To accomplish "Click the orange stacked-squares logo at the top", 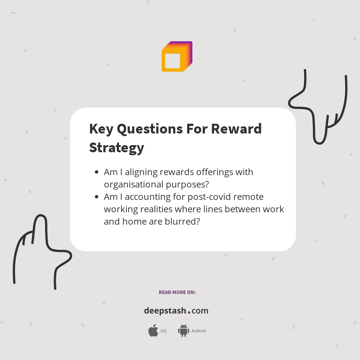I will pos(177,57).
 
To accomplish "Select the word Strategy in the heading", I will pos(117,147).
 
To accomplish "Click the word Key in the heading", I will pos(101,129).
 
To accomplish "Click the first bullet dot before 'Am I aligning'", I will pos(97,172).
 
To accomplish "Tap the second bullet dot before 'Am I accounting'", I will pos(97,197).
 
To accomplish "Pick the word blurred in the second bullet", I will pos(181,221).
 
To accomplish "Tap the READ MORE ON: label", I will pos(177,292).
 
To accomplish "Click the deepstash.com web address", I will pos(176,311).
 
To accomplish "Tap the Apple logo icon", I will pos(153,331).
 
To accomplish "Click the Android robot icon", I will pos(183,331).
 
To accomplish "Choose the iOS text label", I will pos(163,331).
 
